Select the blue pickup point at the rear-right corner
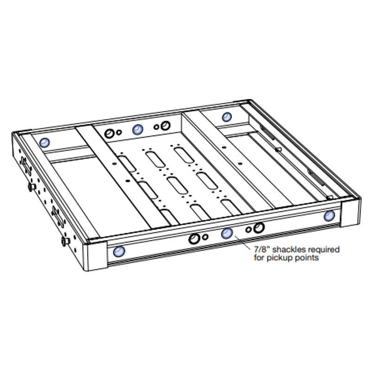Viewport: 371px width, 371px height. (x=226, y=117)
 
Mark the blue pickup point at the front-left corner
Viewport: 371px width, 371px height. (x=119, y=252)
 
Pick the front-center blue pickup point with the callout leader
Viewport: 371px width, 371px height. (x=226, y=234)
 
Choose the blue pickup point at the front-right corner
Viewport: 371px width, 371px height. (x=330, y=216)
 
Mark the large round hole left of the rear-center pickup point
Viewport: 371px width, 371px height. (x=110, y=134)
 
